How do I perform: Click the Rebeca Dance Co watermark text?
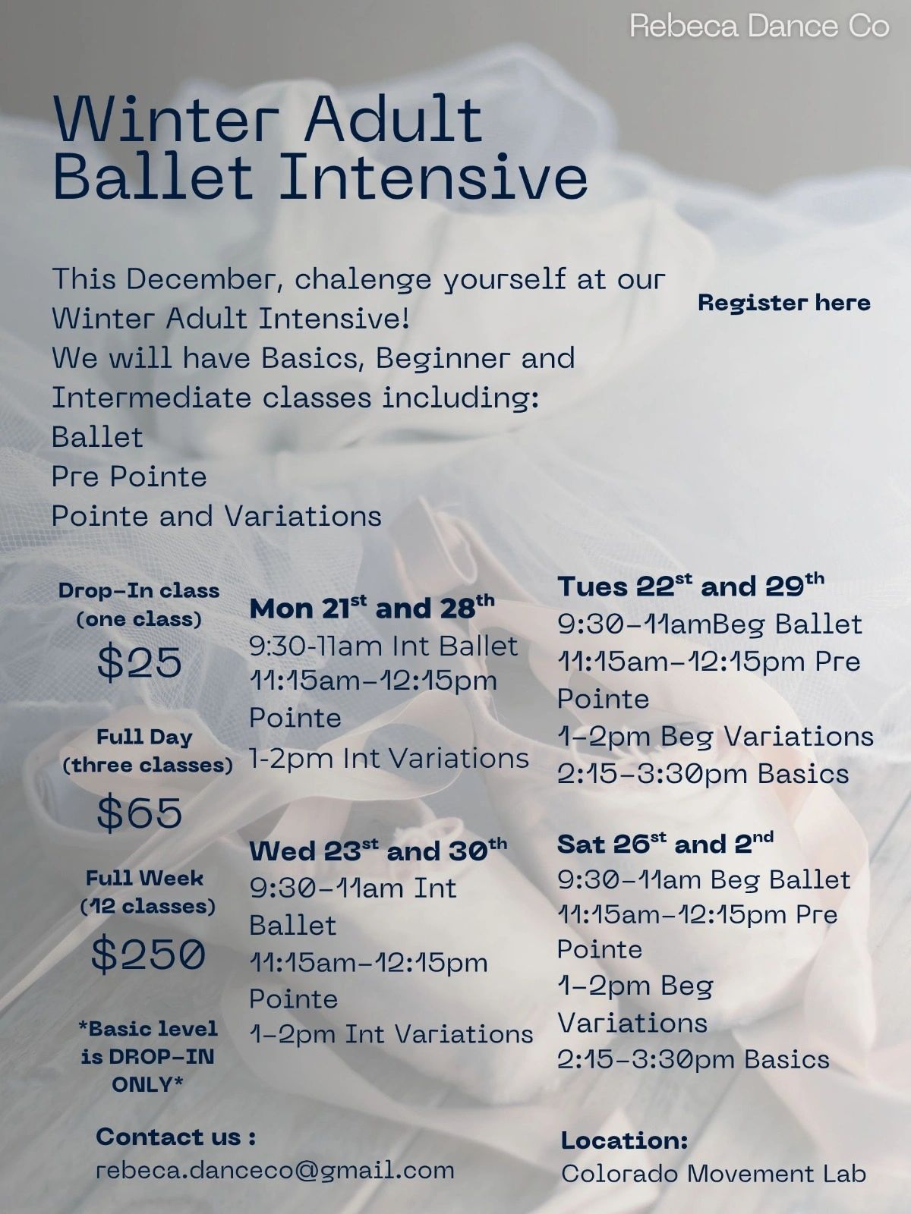(x=759, y=27)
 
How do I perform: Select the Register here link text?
(x=783, y=303)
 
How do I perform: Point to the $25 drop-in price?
(x=140, y=662)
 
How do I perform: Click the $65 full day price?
(x=140, y=813)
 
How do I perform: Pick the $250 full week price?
(x=148, y=954)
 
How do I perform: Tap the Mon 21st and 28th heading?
(x=372, y=608)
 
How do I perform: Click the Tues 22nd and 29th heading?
(x=690, y=586)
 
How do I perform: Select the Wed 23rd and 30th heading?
(x=378, y=851)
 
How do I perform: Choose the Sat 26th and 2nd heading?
(x=665, y=844)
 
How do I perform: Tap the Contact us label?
(x=176, y=1137)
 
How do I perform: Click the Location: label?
(x=625, y=1140)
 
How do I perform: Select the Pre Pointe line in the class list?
(x=129, y=476)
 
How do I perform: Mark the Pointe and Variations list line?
(x=216, y=516)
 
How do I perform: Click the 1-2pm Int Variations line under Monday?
(x=389, y=758)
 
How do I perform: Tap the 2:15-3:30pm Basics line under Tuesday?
(x=702, y=774)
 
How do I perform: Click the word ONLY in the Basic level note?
(x=147, y=1085)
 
